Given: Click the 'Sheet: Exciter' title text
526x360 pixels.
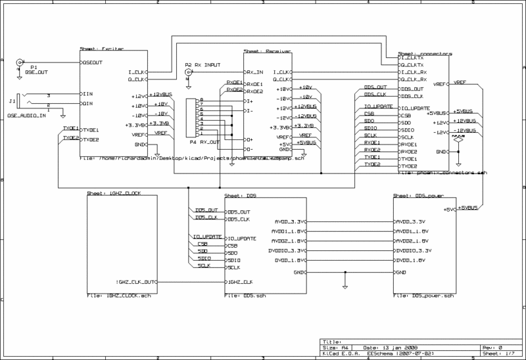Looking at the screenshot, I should click(x=97, y=49).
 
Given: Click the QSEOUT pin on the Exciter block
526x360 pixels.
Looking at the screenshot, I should click(x=92, y=62).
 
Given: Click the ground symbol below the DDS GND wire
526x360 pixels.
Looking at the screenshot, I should click(x=345, y=285).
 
